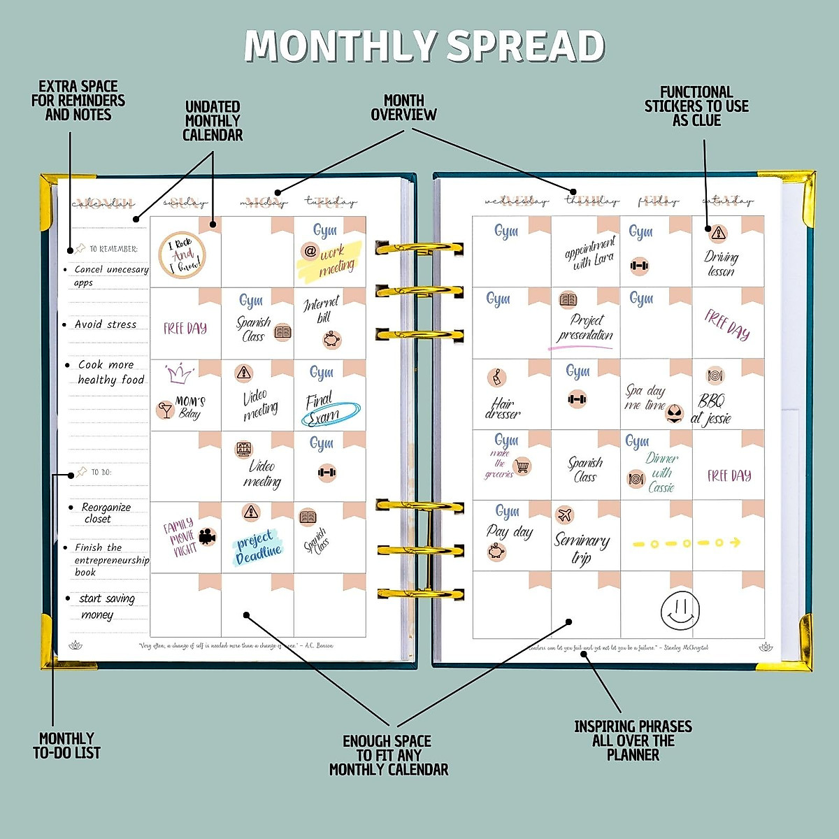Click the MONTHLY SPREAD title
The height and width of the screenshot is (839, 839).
(424, 46)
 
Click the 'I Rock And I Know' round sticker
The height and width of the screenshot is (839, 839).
(182, 254)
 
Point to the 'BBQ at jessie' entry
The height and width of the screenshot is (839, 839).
(712, 410)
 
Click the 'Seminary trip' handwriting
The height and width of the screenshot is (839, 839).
(582, 547)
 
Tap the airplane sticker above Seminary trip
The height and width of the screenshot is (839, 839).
(565, 515)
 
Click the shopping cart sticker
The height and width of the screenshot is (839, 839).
(522, 465)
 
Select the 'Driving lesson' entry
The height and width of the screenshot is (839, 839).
(721, 264)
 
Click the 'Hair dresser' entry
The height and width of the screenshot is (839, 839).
(503, 408)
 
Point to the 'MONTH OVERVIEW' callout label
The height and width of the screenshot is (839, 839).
(403, 108)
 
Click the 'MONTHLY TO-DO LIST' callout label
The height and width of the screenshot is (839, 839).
(66, 745)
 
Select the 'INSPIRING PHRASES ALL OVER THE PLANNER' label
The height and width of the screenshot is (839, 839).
(633, 740)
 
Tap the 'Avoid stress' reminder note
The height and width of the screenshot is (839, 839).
(106, 324)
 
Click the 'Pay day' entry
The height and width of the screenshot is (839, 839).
(510, 532)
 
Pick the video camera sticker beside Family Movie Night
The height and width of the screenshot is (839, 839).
(208, 537)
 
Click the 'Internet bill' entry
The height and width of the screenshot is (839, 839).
(322, 310)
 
